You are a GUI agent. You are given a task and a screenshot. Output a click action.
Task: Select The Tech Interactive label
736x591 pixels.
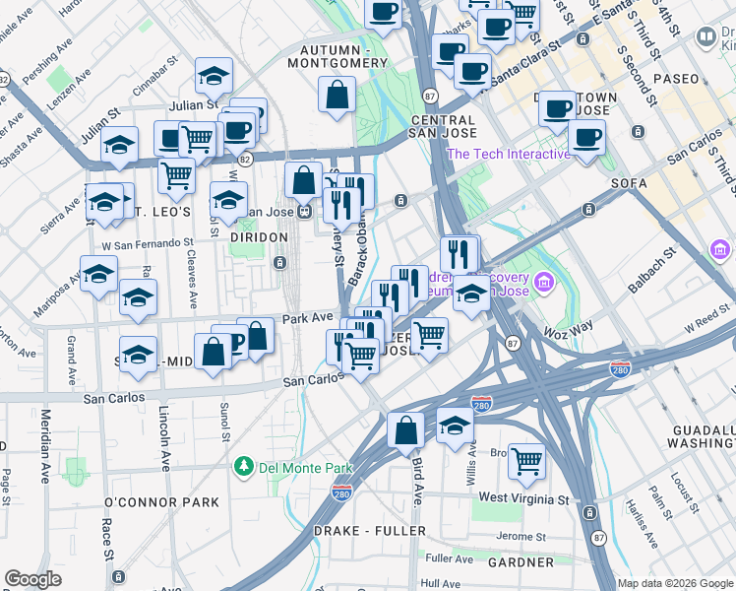click(x=509, y=154)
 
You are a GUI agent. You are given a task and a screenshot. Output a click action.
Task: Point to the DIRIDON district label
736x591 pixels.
click(x=258, y=237)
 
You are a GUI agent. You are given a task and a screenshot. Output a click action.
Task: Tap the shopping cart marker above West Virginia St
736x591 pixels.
click(x=526, y=460)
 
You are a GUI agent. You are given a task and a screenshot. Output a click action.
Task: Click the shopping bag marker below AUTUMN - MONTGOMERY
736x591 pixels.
click(x=337, y=95)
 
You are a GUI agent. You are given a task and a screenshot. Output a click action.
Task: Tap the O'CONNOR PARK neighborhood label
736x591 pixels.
click(x=161, y=502)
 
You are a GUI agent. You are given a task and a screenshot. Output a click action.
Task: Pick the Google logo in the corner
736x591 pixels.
click(x=32, y=579)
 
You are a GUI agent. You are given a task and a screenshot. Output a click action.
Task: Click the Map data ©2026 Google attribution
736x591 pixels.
click(x=675, y=583)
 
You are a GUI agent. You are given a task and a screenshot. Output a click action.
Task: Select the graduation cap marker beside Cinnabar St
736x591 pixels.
click(x=214, y=75)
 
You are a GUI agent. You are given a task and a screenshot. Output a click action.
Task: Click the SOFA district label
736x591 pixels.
click(x=629, y=183)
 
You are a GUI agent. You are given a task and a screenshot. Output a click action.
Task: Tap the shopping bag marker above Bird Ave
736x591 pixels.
click(x=405, y=429)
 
